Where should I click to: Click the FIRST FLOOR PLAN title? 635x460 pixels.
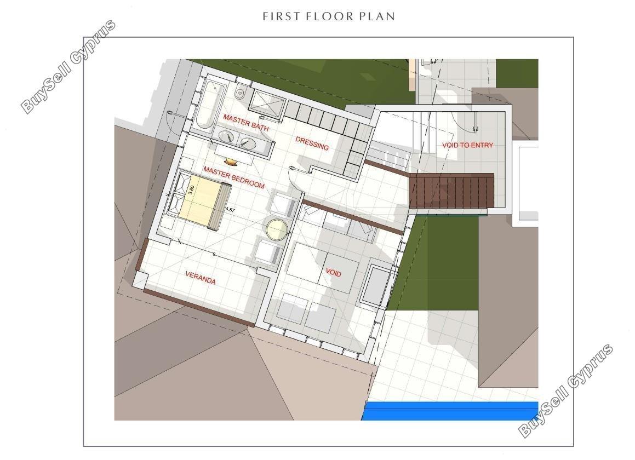point(329,16)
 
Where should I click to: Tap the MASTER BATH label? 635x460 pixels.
point(246,122)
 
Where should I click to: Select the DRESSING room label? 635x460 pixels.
point(312,143)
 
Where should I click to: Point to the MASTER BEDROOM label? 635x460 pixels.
point(234,177)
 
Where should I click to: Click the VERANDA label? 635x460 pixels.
point(201,278)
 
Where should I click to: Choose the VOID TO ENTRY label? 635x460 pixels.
point(467,145)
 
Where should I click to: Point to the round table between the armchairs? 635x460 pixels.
point(277,229)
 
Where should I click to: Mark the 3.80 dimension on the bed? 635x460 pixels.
point(192,190)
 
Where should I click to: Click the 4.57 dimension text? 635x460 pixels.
point(230,210)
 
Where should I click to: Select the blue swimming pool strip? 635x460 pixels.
point(450,411)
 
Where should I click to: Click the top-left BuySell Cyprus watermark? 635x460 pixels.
point(68,66)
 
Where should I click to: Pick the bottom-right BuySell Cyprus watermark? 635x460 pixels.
point(566,391)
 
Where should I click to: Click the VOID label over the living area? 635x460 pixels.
point(333,272)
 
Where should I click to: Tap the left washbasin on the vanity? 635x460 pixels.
point(225,136)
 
